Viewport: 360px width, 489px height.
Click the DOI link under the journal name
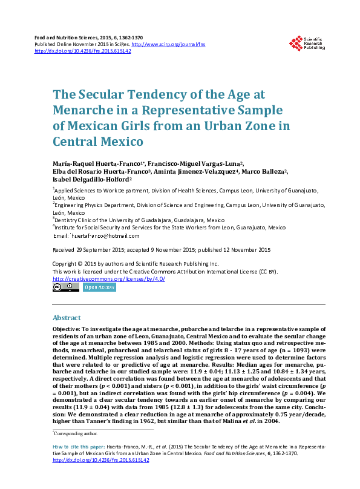point(83,51)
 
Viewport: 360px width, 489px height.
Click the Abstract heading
point(67,317)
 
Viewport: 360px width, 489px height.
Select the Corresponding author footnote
point(76,433)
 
